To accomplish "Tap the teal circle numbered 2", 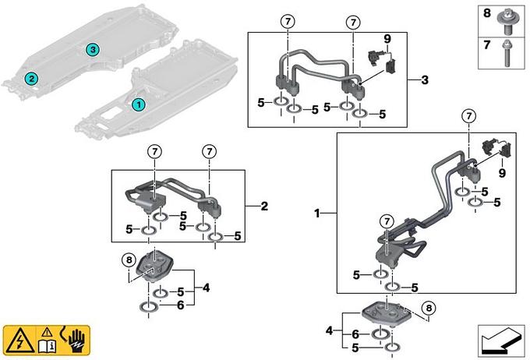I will click(30, 78).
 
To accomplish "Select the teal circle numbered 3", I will click(93, 50).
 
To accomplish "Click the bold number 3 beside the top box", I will click(424, 80).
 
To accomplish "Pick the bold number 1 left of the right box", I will click(317, 212).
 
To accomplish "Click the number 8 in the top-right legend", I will click(487, 14).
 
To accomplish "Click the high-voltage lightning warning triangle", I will click(17, 340).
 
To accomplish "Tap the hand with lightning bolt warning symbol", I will click(75, 340).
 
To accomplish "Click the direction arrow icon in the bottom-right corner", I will click(499, 341).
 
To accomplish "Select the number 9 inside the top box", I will click(387, 38).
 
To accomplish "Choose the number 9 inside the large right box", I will click(502, 173).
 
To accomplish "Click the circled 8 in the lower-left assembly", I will click(129, 259).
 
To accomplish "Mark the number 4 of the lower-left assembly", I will click(206, 288).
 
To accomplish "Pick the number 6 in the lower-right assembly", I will click(355, 334).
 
